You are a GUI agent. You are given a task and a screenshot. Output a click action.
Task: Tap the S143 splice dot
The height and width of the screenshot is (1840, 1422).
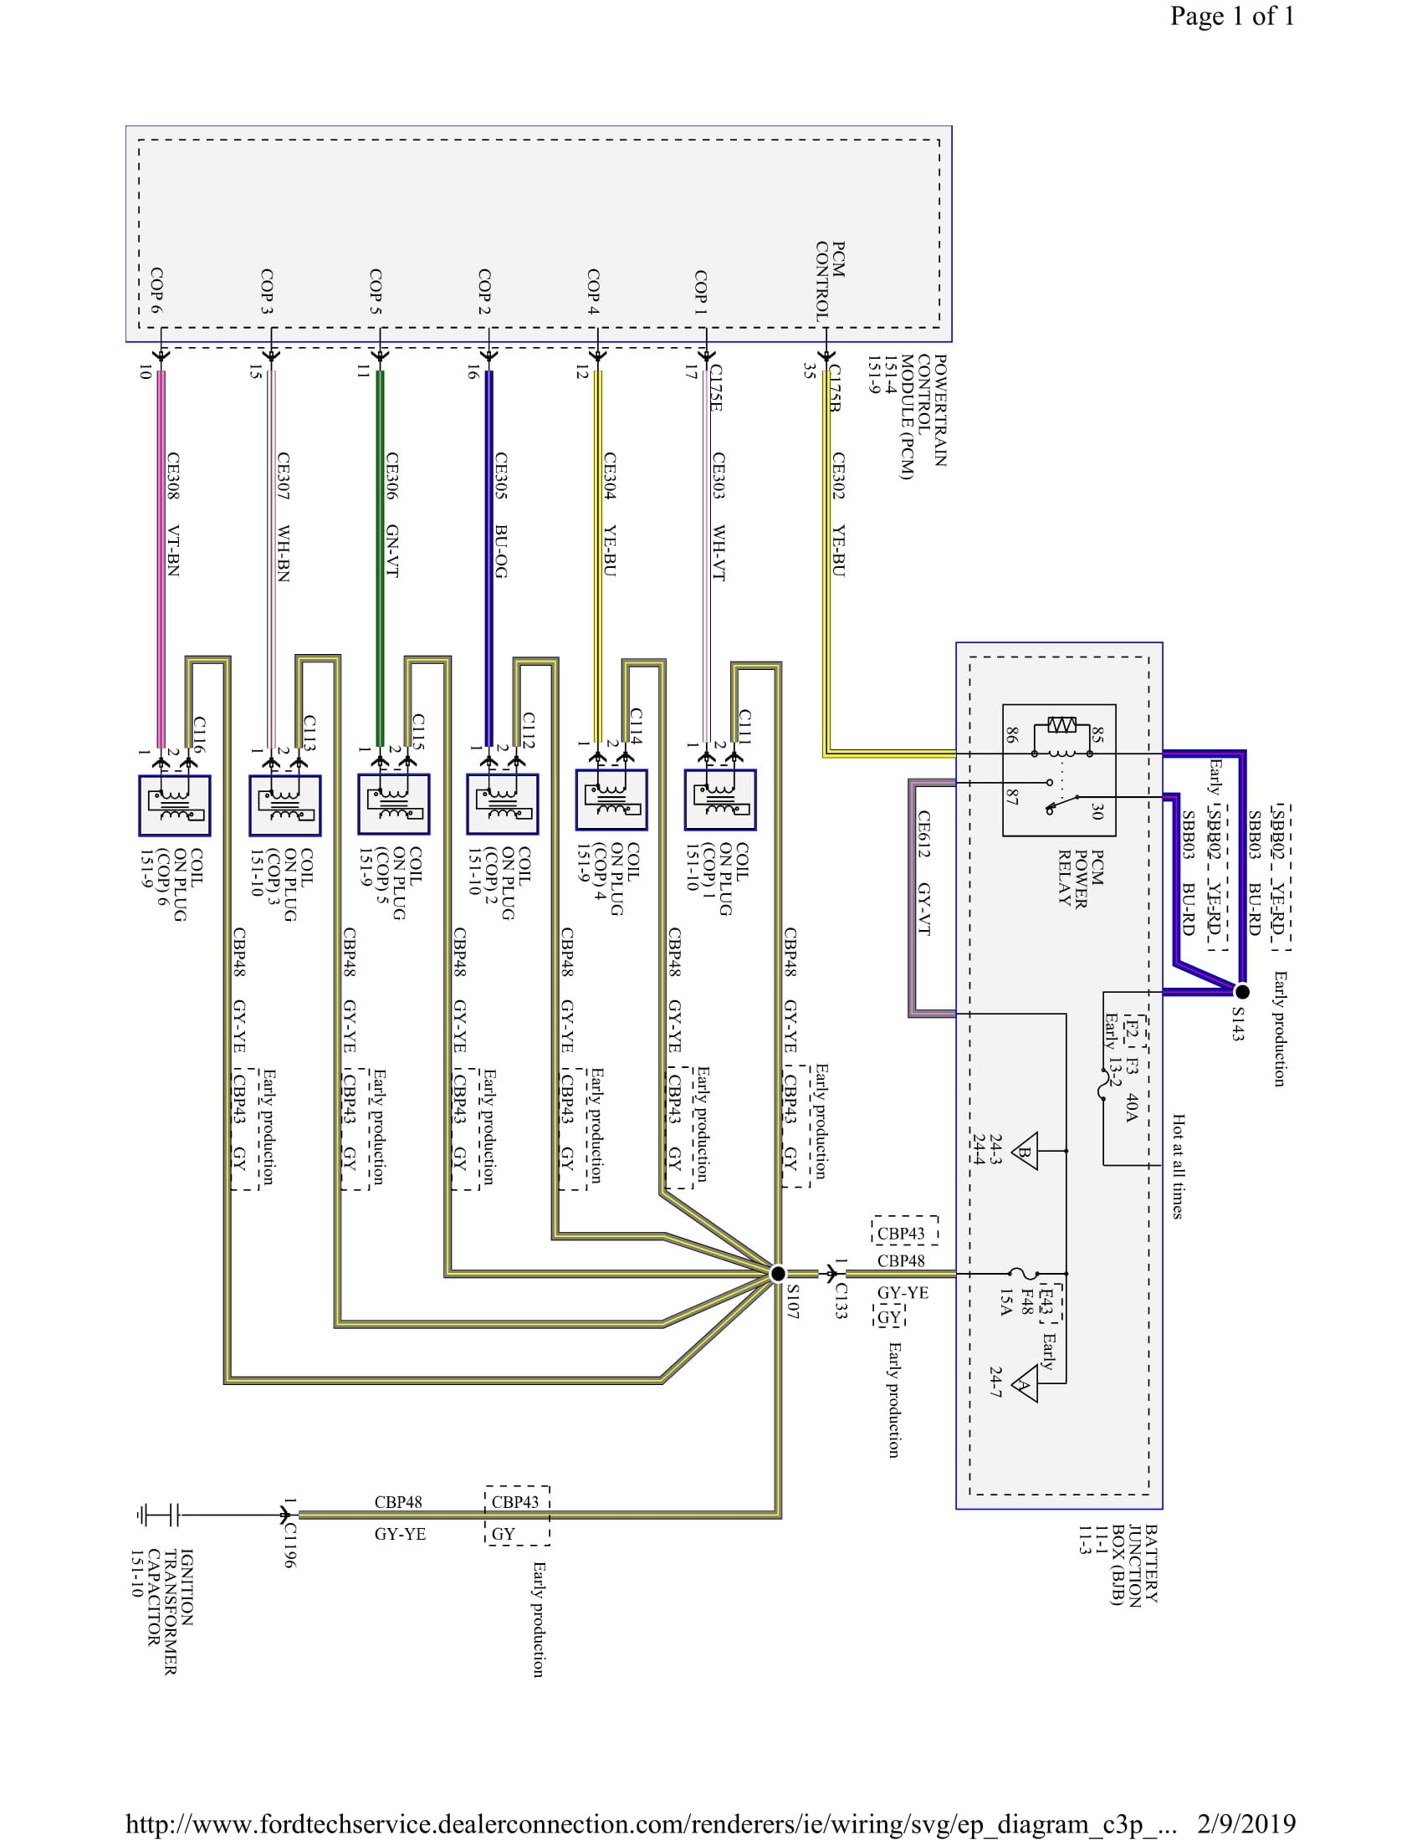(x=1241, y=992)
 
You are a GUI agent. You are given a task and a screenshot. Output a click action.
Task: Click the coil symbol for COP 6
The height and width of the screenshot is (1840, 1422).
(x=174, y=805)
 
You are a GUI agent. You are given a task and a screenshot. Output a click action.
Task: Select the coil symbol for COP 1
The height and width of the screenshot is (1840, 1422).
(x=720, y=800)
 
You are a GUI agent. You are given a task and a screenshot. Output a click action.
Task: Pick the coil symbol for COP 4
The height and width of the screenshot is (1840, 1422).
(x=611, y=800)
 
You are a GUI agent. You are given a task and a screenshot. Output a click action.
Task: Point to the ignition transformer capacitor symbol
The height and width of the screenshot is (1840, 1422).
(x=159, y=1515)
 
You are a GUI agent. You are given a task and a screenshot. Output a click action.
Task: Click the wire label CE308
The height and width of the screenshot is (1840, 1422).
(x=172, y=476)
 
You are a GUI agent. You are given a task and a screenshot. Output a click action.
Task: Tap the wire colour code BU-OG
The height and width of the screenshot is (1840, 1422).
(x=500, y=551)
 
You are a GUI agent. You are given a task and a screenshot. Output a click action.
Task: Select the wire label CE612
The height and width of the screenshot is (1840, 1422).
(x=924, y=834)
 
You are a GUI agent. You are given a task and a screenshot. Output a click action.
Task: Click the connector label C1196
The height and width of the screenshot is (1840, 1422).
(x=289, y=1544)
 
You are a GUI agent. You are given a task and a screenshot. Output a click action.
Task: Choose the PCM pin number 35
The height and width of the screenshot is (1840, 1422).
(x=809, y=371)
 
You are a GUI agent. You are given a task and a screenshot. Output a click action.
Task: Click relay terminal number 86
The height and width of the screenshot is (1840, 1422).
(x=1011, y=734)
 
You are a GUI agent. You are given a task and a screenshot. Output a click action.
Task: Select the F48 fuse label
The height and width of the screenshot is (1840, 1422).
(x=1026, y=1301)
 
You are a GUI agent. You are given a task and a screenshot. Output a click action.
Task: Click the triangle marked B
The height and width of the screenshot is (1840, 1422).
(x=1026, y=1152)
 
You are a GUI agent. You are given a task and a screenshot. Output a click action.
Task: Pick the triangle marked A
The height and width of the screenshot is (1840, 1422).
(x=1025, y=1384)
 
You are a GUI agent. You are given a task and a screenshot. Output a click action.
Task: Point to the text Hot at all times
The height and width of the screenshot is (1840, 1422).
(x=1178, y=1166)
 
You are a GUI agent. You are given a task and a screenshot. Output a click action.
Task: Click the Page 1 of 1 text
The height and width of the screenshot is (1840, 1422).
(x=1231, y=16)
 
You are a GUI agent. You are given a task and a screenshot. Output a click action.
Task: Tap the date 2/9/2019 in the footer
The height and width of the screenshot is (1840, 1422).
(x=1246, y=1823)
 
